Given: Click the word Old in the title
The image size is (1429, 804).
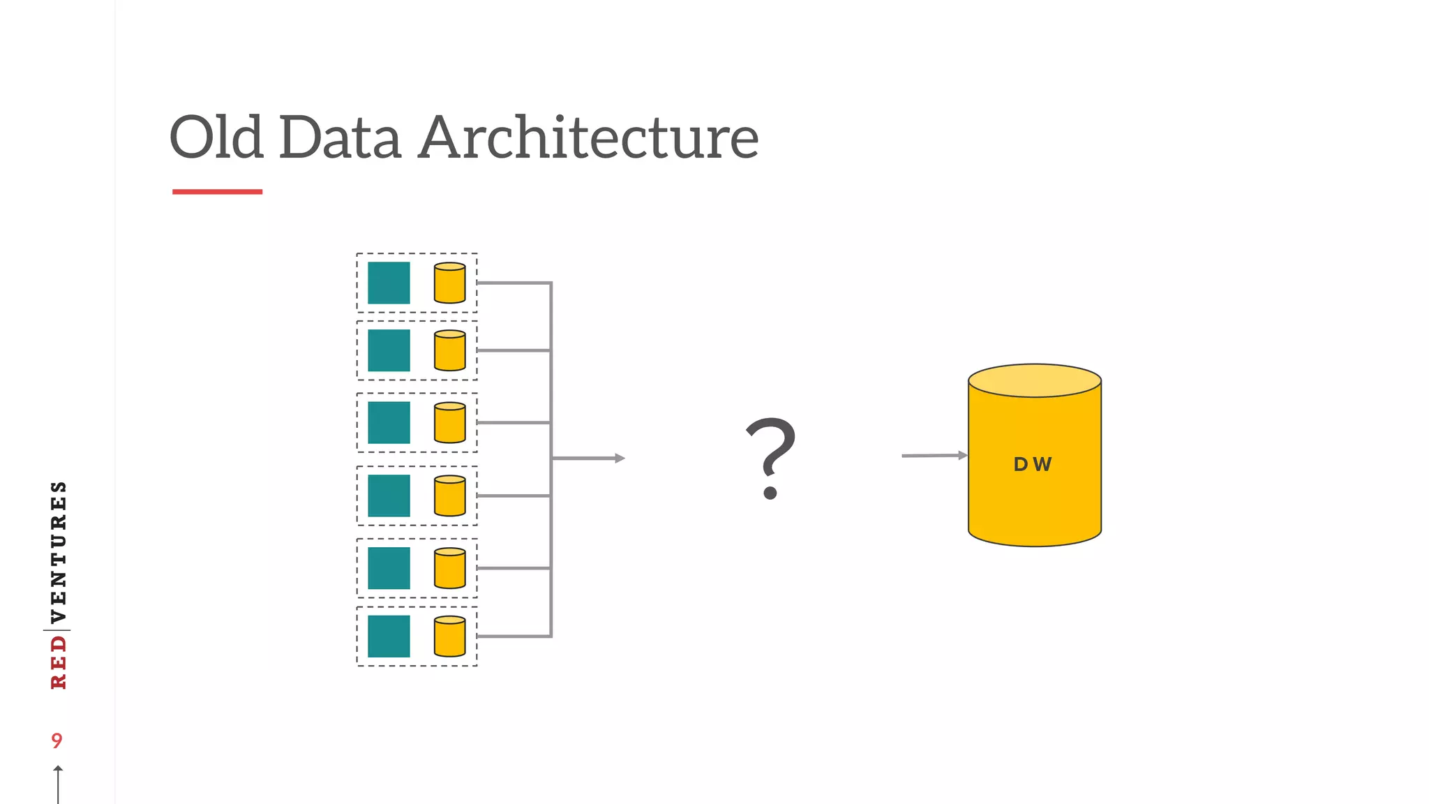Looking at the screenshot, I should [216, 137].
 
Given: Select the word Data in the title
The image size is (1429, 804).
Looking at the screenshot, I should [341, 137].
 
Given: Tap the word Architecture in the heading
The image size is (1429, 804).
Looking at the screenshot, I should [588, 137].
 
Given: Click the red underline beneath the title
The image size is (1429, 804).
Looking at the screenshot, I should [217, 191].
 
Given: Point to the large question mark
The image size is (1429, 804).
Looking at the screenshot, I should [770, 457].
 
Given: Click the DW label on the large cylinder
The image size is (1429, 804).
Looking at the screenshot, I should [1033, 464].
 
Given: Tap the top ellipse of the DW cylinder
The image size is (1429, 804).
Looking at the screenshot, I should [1035, 380].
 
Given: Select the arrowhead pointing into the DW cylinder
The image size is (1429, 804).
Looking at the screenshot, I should [963, 455].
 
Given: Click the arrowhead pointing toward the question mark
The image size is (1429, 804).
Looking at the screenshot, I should [620, 458].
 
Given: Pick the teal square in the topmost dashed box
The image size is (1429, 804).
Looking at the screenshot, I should [389, 283].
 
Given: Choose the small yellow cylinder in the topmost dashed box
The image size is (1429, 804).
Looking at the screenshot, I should [450, 283].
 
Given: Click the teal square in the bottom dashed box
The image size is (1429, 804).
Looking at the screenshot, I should [389, 636].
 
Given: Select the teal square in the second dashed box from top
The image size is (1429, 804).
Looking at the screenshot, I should [389, 350].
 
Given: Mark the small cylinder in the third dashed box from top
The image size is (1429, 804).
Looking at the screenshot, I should [450, 422].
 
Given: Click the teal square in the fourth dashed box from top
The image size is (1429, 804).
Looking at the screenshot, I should [389, 496].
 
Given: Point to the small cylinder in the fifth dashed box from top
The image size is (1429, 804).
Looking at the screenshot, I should [450, 568].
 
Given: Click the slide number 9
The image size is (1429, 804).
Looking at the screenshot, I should [57, 740].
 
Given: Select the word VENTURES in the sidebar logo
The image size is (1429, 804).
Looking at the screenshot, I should [59, 551].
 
